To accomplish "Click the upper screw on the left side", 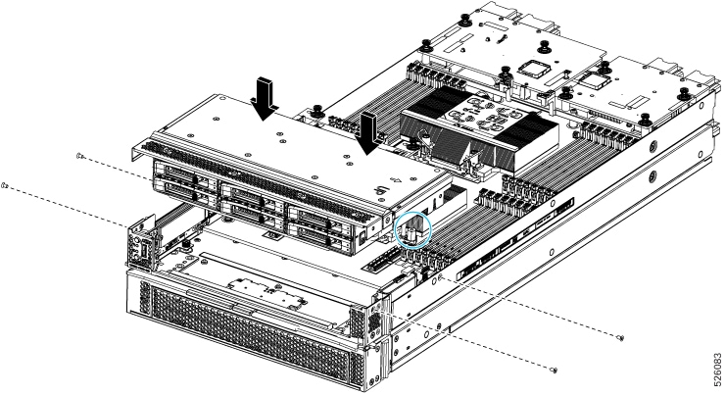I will pyautogui.click(x=79, y=155).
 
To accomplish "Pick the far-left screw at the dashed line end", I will pyautogui.click(x=6, y=183).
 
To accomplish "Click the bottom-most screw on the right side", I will pyautogui.click(x=556, y=370).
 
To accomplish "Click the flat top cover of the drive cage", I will pyautogui.click(x=265, y=132).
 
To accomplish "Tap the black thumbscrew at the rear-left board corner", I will pyautogui.click(x=427, y=43).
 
